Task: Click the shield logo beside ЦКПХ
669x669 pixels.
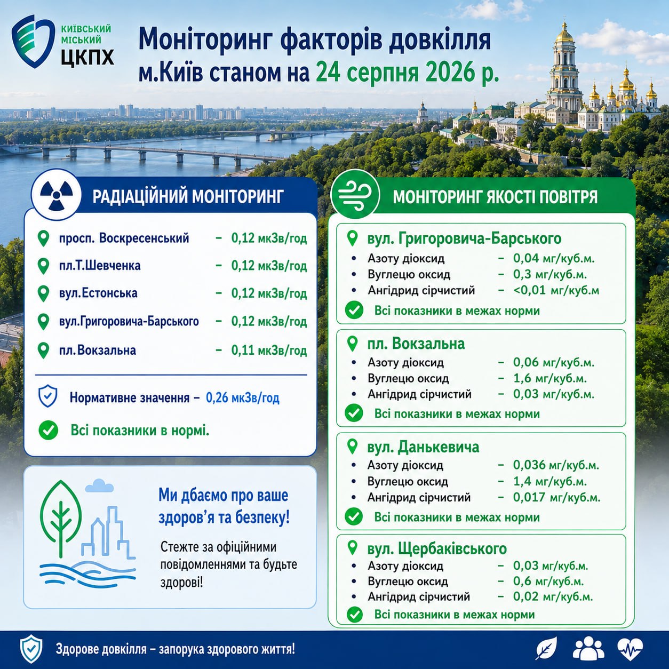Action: (33, 41)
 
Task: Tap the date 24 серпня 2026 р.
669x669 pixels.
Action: (407, 72)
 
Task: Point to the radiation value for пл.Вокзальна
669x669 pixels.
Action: (269, 351)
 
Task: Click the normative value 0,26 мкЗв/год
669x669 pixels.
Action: (243, 397)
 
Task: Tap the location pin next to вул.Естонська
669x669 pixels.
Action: (43, 294)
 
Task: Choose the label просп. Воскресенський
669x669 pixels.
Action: (124, 238)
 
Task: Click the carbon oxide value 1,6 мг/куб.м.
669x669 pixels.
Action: (549, 378)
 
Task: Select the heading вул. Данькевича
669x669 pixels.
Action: (423, 447)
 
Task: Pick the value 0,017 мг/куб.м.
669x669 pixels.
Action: (556, 497)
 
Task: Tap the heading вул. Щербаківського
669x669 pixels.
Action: (437, 548)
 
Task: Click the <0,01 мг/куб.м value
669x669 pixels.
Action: (556, 290)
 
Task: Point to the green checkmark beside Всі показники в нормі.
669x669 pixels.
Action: (48, 431)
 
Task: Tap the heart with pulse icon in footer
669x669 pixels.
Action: (630, 649)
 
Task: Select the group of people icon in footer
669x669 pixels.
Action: (588, 648)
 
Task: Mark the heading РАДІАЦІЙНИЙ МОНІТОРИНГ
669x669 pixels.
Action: (188, 196)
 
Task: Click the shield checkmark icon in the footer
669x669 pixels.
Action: (31, 649)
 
